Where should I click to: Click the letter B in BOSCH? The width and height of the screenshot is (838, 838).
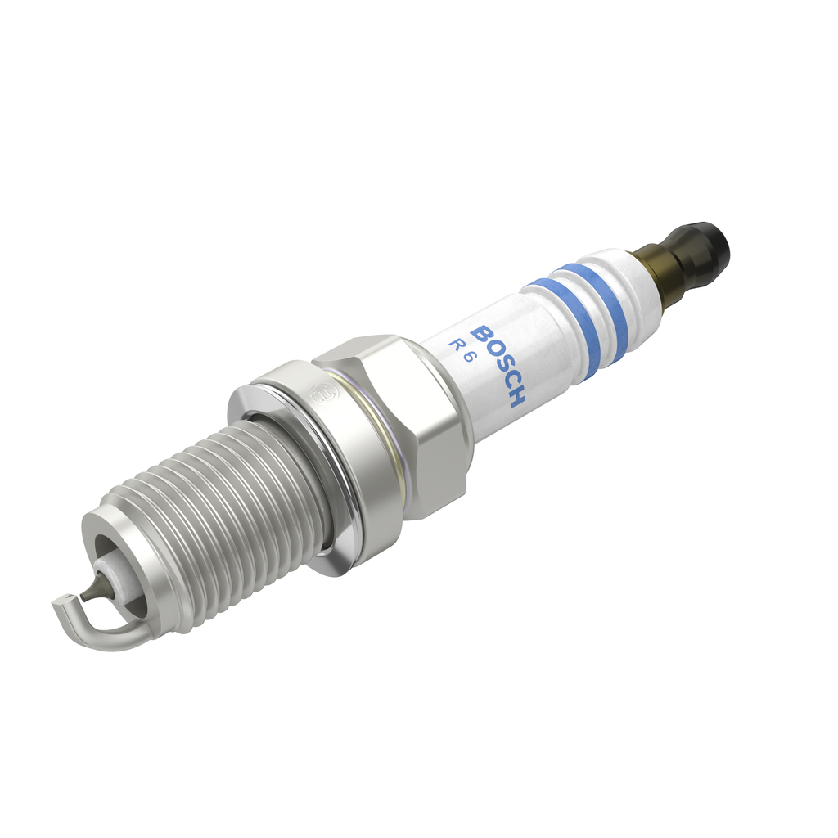point(484,336)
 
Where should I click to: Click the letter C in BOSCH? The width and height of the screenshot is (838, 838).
point(509,381)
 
